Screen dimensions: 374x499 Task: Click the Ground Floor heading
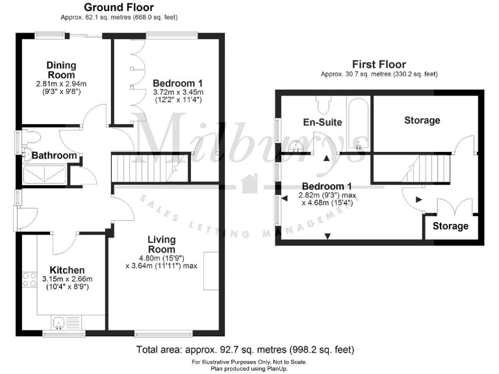(119, 7)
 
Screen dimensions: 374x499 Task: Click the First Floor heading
(379, 64)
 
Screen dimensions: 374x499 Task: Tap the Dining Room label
(61, 69)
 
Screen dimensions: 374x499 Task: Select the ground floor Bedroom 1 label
(177, 83)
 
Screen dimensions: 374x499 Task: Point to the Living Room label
(161, 245)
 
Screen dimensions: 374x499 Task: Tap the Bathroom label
(55, 156)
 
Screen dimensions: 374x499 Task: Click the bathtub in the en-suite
(358, 123)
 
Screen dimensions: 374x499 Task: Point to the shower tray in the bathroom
(44, 173)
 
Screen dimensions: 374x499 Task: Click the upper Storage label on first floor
(422, 120)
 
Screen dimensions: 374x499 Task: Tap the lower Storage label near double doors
(450, 226)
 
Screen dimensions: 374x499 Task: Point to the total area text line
(245, 349)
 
